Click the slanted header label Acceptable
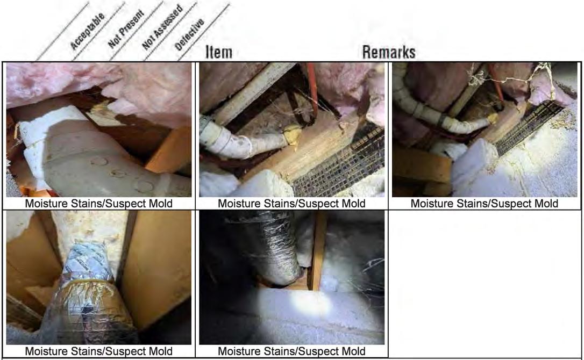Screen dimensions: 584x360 (x=88, y=31)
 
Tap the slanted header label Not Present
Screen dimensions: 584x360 (x=126, y=29)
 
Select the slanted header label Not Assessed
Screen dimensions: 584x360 (x=163, y=27)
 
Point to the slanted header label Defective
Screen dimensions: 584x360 (x=189, y=34)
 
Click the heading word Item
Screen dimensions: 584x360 (x=219, y=52)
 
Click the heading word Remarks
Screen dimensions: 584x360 (x=389, y=52)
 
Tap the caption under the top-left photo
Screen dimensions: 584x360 (x=99, y=204)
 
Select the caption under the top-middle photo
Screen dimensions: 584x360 (x=291, y=204)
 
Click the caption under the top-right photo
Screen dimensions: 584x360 (x=484, y=204)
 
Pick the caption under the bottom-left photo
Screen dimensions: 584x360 (x=99, y=351)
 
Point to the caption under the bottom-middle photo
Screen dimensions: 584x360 (x=291, y=351)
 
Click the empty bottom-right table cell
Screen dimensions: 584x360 (x=485, y=284)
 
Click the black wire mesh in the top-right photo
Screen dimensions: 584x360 (x=529, y=127)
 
